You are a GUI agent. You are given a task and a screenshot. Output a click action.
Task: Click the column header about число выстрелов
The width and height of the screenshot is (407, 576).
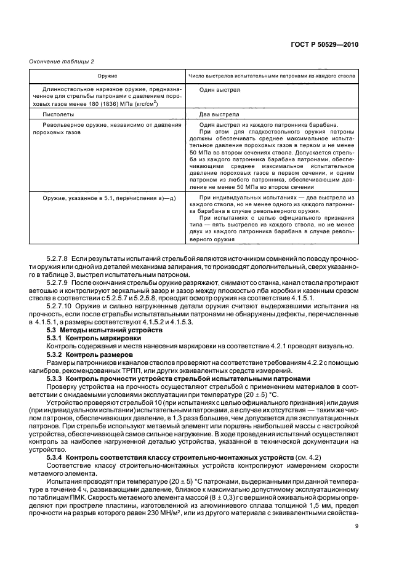(270, 76)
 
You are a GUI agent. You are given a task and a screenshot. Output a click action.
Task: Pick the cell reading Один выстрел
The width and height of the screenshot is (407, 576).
(220, 90)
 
